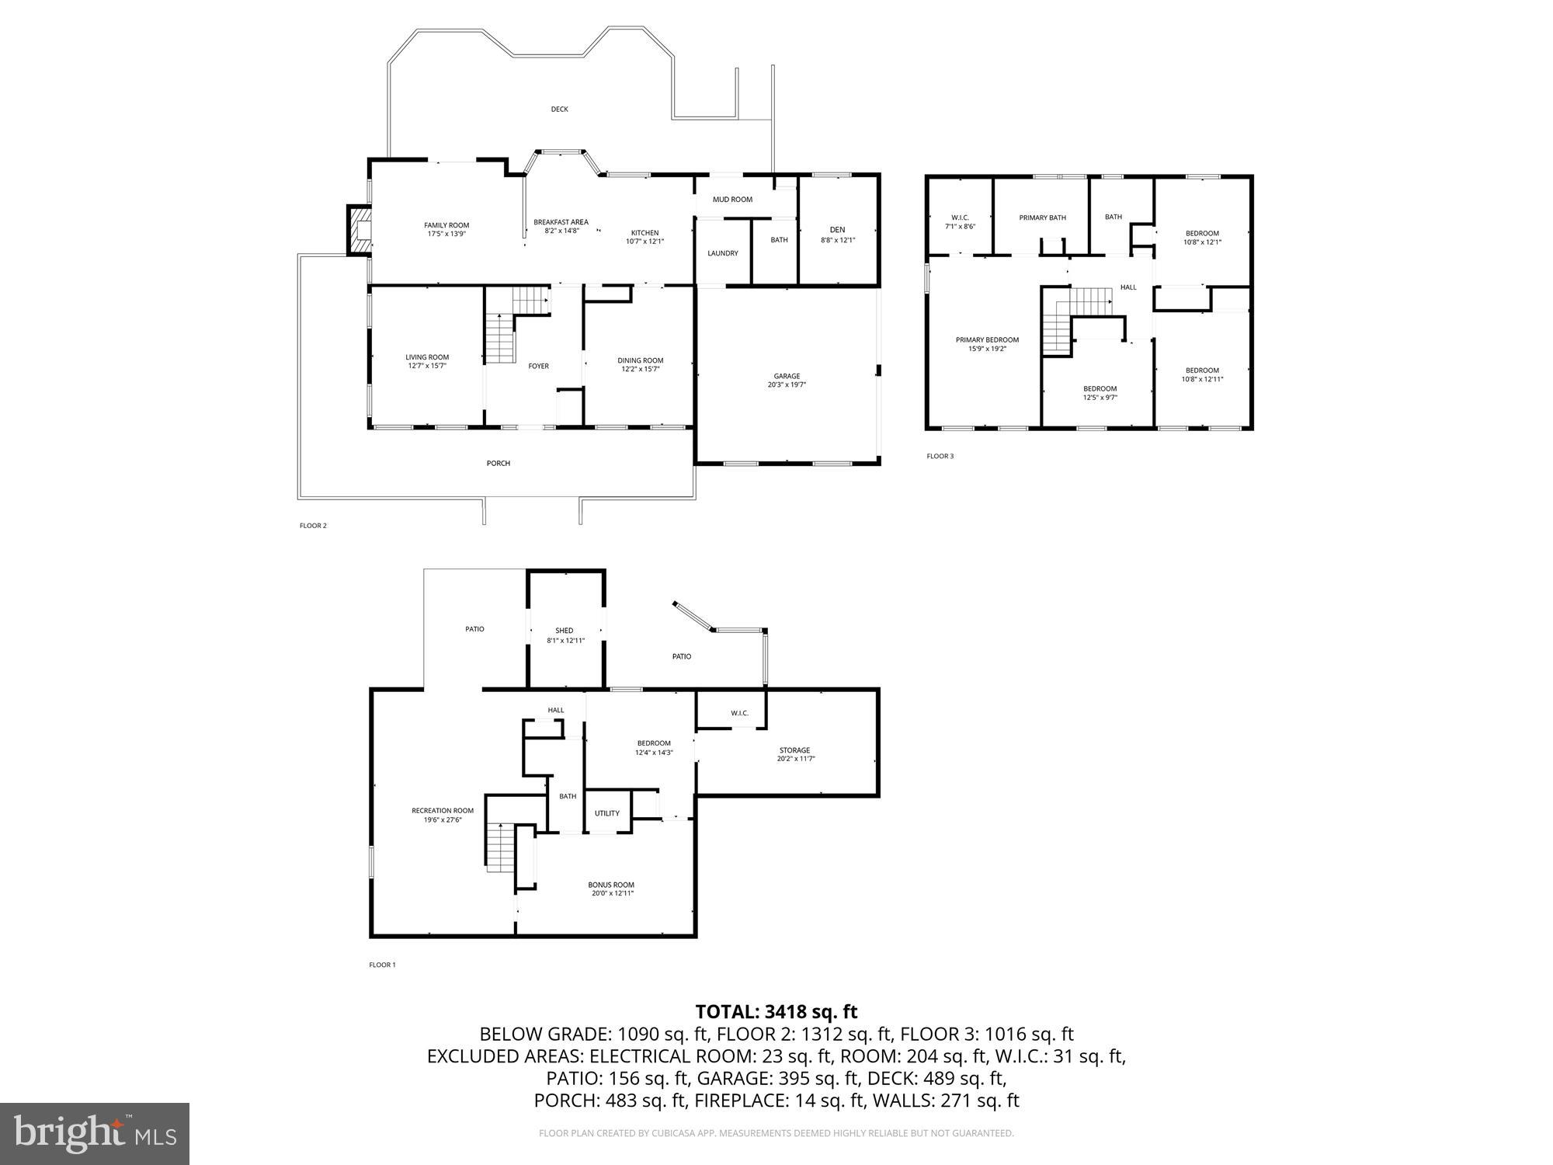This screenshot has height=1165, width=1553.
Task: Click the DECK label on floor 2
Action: [x=559, y=110]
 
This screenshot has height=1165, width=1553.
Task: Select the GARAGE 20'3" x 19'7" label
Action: [x=787, y=381]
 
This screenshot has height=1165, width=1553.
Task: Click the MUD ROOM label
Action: [x=732, y=200]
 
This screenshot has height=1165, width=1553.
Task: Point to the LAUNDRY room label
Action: [x=722, y=253]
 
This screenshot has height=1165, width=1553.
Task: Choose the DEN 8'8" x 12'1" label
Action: [x=837, y=235]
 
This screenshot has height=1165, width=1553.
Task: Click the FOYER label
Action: [x=538, y=366]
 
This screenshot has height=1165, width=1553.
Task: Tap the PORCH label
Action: [x=498, y=464]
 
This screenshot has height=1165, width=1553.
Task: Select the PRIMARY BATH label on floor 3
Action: [x=1042, y=217]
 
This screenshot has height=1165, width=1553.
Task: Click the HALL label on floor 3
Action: [x=1127, y=287]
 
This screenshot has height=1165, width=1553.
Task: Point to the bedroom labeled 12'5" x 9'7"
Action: [x=1100, y=393]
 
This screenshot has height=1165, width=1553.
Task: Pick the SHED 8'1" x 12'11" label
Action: [x=565, y=635]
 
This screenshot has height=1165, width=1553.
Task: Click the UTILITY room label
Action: [x=606, y=813]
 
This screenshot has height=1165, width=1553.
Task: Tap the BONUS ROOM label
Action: [x=611, y=889]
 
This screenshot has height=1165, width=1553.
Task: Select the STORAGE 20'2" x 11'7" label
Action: [x=794, y=754]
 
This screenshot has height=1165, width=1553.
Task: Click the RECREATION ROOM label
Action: [x=442, y=815]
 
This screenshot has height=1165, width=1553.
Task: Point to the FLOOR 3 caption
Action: [x=940, y=456]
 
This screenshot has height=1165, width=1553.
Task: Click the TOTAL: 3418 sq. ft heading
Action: [x=776, y=1011]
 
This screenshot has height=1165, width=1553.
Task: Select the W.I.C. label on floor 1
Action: [x=738, y=713]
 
